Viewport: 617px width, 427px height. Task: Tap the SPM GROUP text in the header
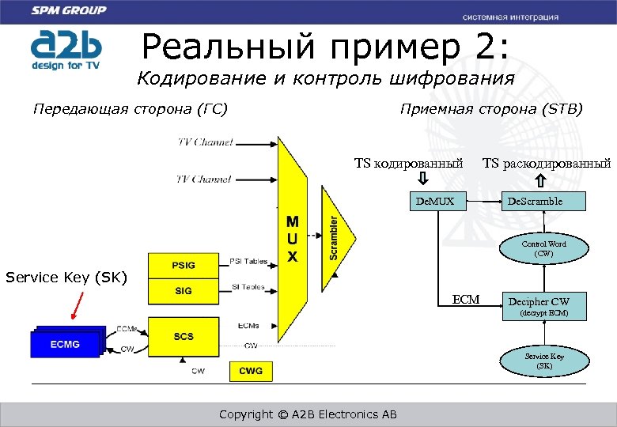click(x=69, y=11)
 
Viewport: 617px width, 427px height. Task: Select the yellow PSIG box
click(x=184, y=264)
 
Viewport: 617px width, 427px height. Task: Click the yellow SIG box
click(x=184, y=290)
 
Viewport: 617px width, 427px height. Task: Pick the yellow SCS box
click(x=184, y=336)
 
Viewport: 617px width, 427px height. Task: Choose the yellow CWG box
click(x=251, y=370)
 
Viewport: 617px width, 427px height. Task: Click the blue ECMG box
click(x=65, y=344)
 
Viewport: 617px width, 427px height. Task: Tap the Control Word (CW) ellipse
click(x=543, y=249)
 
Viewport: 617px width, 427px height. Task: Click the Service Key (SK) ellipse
click(x=544, y=361)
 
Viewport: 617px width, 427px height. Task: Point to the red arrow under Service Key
click(x=75, y=304)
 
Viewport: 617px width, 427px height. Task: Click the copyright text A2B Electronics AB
click(x=308, y=414)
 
